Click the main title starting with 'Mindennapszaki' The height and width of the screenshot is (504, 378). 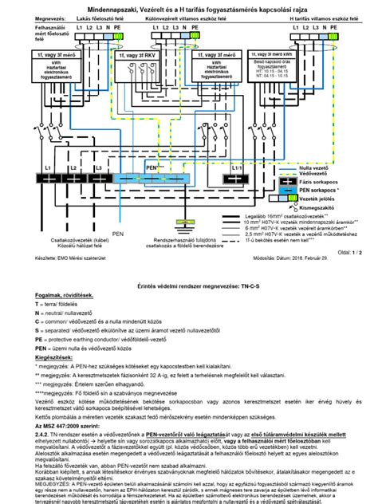[x=188, y=7]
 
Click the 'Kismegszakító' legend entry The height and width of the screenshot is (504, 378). [x=317, y=206]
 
